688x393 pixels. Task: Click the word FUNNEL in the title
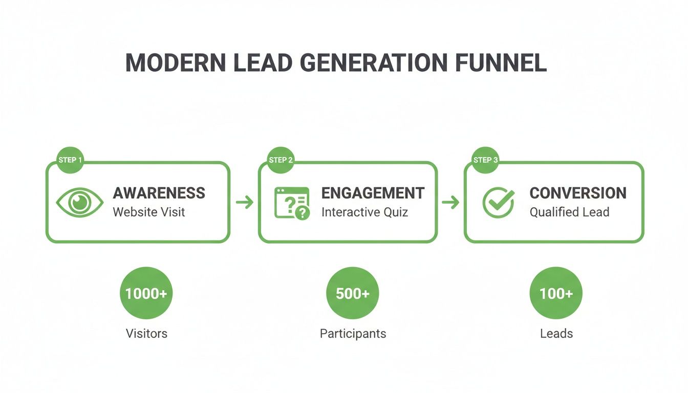click(501, 63)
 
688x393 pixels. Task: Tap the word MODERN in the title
click(176, 63)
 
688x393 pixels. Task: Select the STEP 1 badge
click(70, 160)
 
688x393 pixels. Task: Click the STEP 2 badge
click(281, 160)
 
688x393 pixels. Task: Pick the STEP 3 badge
click(485, 160)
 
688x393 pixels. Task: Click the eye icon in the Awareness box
click(79, 202)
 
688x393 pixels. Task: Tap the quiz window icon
click(292, 203)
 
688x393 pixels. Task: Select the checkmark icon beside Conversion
click(498, 202)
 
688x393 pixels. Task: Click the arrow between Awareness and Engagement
click(245, 202)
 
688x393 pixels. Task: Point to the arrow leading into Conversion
click(450, 202)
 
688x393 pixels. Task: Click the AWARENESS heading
click(159, 193)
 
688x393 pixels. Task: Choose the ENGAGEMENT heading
click(373, 193)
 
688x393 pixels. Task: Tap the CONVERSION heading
click(578, 193)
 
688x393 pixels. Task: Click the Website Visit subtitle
click(149, 212)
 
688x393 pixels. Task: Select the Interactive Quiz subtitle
click(364, 212)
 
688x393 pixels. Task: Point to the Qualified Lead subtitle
click(569, 212)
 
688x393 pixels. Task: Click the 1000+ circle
click(146, 293)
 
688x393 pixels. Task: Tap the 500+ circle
click(353, 293)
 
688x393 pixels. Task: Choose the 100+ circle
click(556, 293)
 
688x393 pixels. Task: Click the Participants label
click(353, 334)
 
